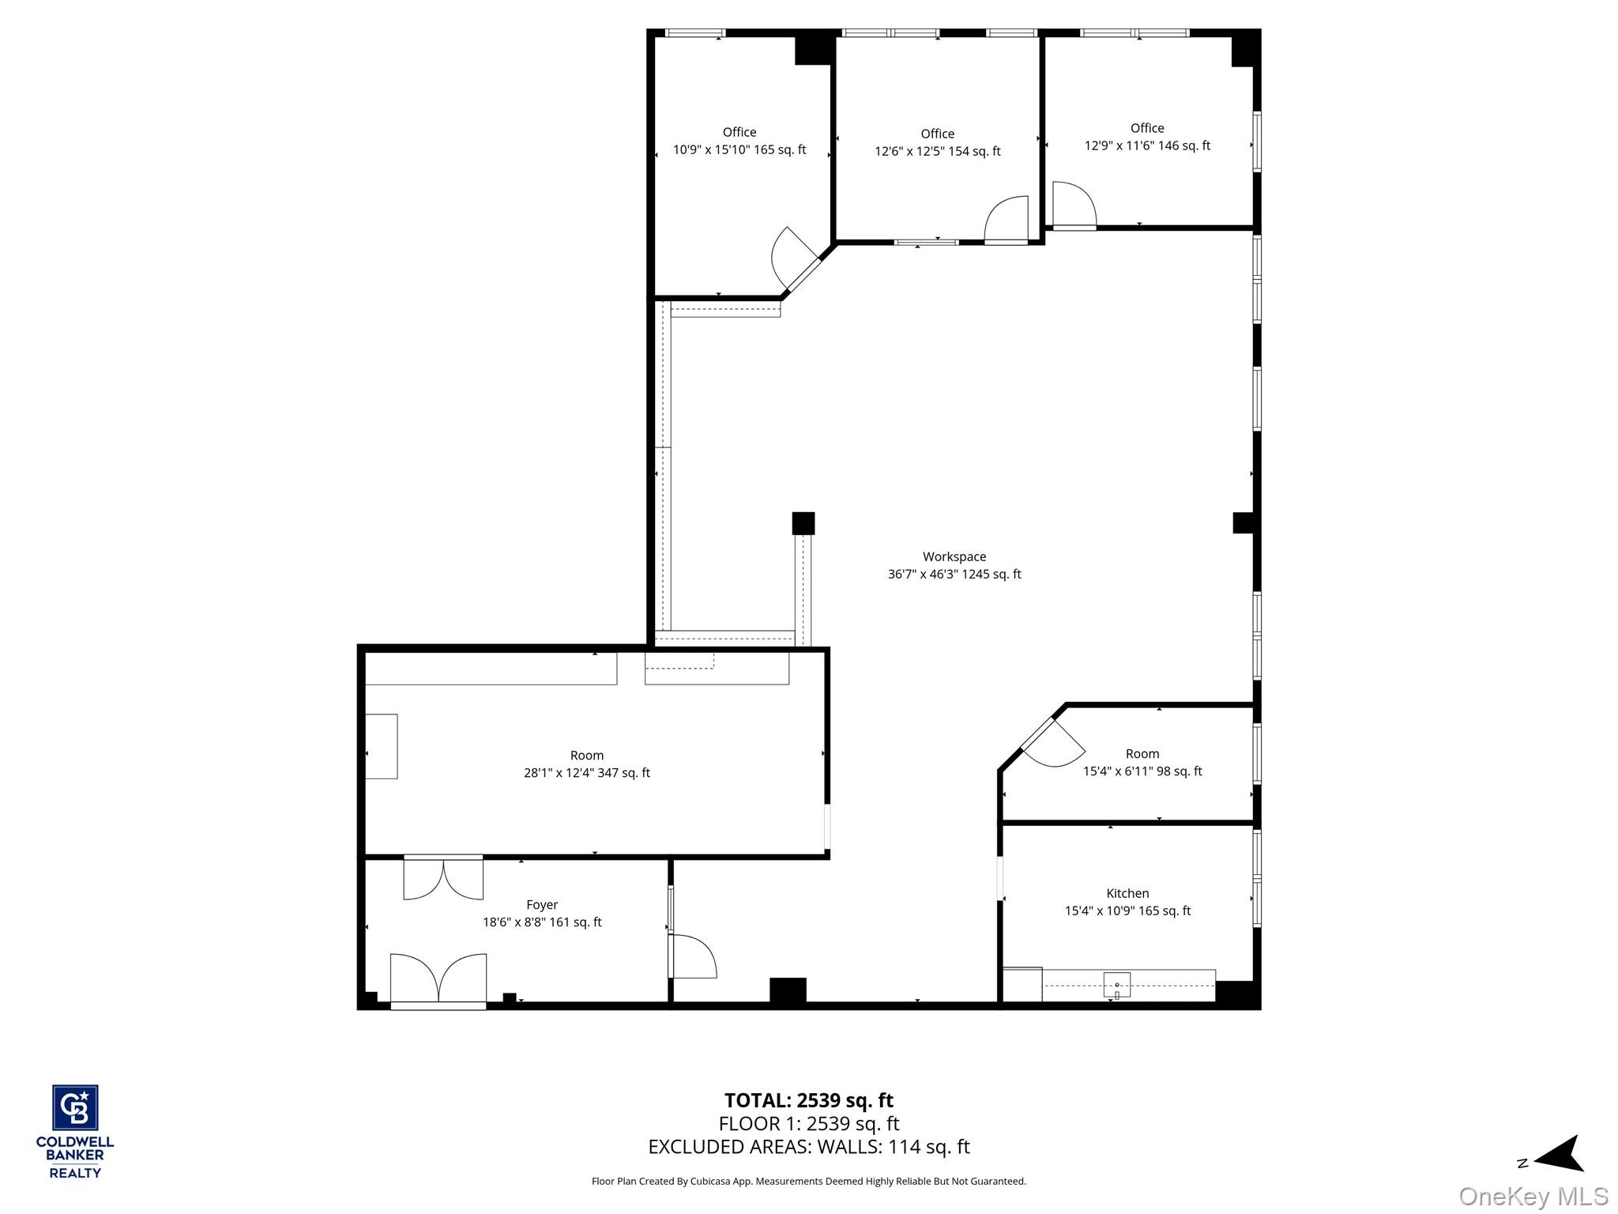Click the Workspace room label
click(954, 556)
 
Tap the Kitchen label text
click(1127, 893)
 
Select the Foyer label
click(542, 904)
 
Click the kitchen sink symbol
click(1116, 985)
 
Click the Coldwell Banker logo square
click(75, 1107)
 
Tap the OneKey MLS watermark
click(1533, 1196)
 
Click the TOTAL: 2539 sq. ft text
click(808, 1100)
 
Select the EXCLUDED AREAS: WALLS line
click(808, 1146)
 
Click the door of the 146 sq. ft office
click(1074, 205)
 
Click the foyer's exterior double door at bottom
click(438, 980)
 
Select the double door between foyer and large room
click(443, 877)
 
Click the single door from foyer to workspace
click(691, 956)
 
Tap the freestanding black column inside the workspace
click(803, 523)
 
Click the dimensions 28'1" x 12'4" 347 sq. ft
click(586, 773)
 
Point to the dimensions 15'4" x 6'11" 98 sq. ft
click(1142, 771)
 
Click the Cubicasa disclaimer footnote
click(808, 1182)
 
